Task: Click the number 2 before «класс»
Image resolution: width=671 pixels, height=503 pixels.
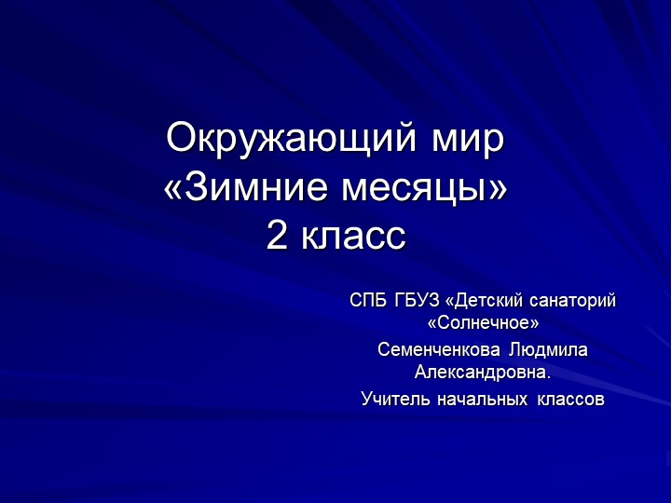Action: pyautogui.click(x=277, y=237)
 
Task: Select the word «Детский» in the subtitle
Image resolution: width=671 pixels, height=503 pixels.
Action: pyautogui.click(x=488, y=301)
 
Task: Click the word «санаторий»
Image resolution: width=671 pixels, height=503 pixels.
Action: pyautogui.click(x=573, y=301)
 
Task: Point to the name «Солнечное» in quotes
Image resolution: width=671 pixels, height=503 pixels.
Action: pyautogui.click(x=483, y=324)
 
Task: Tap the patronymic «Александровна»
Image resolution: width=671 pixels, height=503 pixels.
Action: pyautogui.click(x=479, y=374)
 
